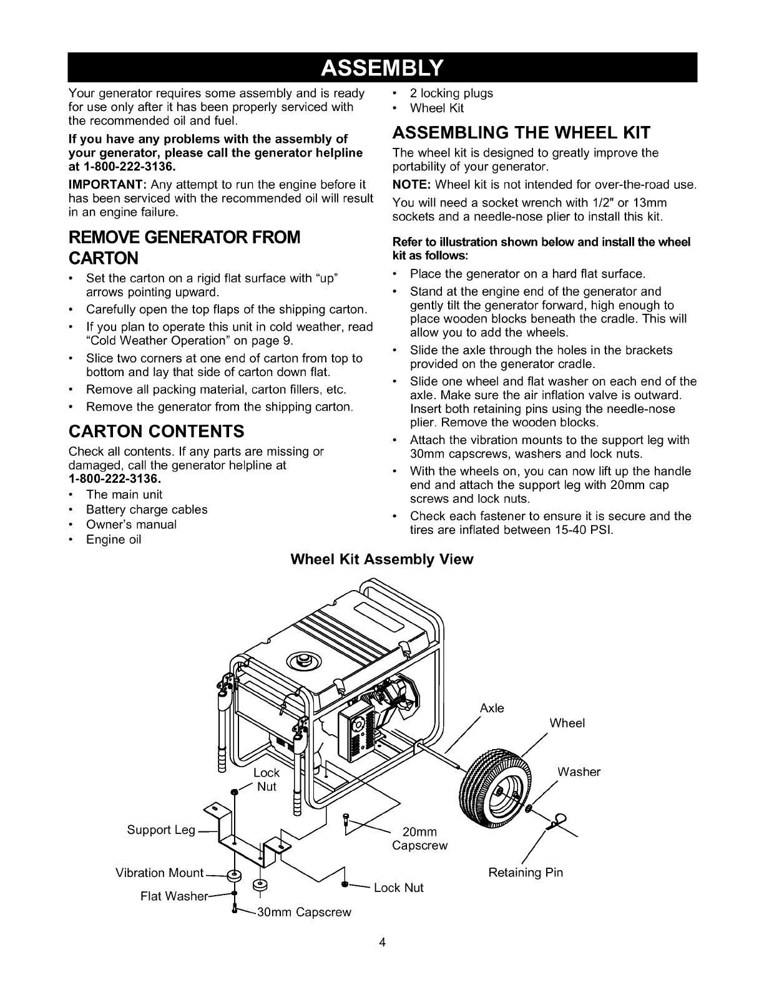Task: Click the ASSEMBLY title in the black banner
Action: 382,67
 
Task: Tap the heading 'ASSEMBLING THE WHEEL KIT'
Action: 521,133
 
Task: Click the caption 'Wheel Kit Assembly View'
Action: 382,559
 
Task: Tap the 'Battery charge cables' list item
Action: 147,510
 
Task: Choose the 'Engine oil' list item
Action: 114,540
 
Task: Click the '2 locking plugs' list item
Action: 451,93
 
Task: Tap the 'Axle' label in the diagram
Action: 492,709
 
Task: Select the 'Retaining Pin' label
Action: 526,873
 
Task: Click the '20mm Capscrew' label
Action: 420,839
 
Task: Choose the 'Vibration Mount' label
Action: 160,873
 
